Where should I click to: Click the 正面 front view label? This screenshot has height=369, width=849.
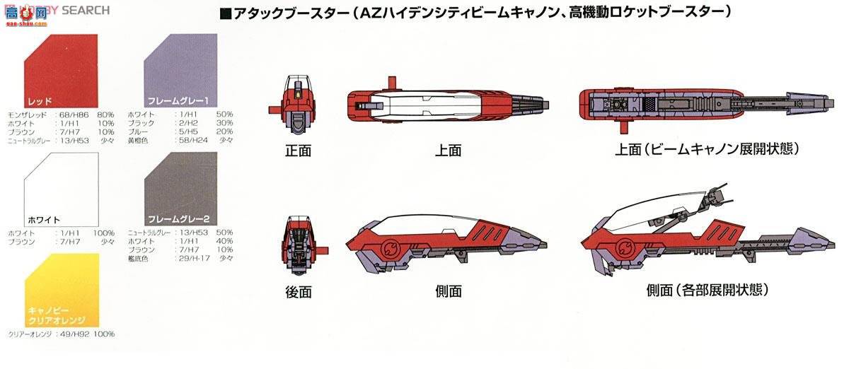pyautogui.click(x=298, y=150)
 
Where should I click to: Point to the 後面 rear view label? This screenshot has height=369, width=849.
pyautogui.click(x=298, y=291)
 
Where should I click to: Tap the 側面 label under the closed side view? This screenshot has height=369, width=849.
pyautogui.click(x=447, y=291)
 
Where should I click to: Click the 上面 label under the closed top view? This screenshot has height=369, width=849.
pyautogui.click(x=447, y=150)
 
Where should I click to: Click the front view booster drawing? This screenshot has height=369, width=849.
pyautogui.click(x=295, y=110)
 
